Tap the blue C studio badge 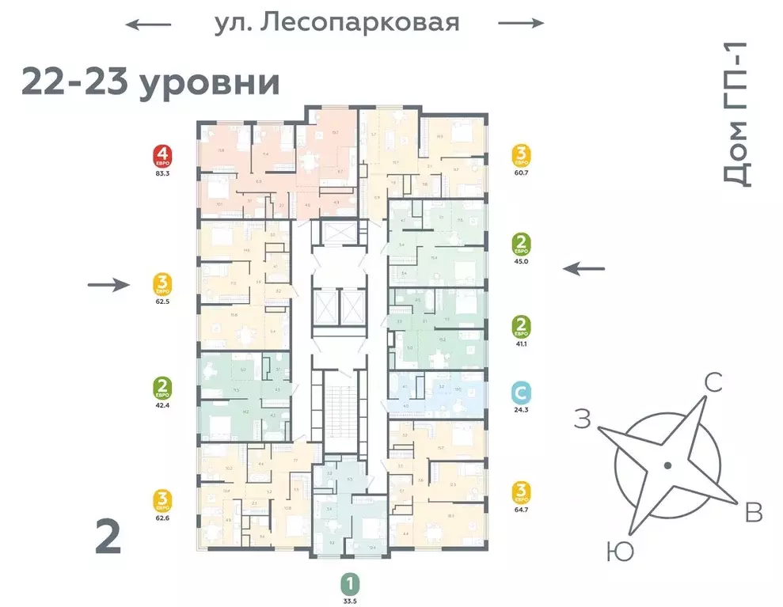click(521, 393)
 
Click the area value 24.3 click(521, 409)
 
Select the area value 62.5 click(164, 301)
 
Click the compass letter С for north click(713, 385)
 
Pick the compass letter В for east click(753, 514)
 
